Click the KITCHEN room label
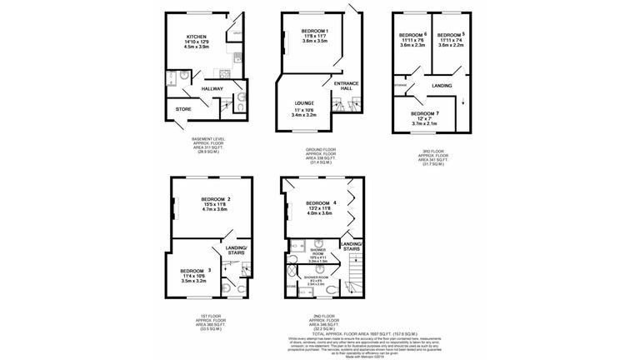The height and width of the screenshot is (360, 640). pos(196,37)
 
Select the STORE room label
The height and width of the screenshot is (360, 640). pos(182,108)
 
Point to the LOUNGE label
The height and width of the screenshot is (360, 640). pos(302,102)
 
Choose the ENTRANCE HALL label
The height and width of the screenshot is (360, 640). pos(345,86)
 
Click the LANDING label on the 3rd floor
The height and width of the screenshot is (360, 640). pos(442,86)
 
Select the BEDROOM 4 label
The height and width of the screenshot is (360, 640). pos(320,203)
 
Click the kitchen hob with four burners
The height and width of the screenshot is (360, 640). pos(237,58)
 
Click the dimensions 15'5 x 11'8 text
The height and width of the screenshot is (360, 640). pos(214,204)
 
